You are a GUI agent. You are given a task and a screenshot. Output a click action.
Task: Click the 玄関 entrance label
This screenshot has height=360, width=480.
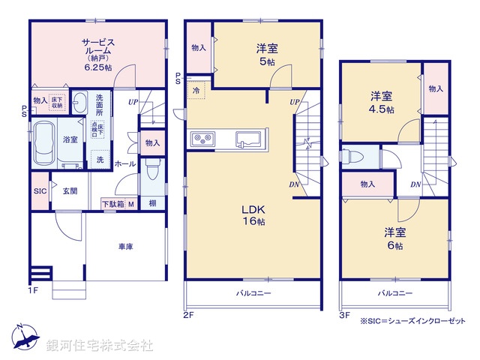pos(70,190)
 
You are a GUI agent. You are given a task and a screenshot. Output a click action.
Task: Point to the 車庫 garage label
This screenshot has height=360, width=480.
pos(125,247)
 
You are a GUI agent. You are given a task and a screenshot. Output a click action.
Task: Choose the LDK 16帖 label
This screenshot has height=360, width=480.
pos(253,215)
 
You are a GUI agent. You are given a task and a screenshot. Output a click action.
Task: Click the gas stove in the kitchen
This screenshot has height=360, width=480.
pos(202,137)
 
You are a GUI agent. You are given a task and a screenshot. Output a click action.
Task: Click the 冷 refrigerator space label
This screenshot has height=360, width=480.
pos(196,91)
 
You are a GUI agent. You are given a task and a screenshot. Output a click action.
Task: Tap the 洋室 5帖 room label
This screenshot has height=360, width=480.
pos(268,55)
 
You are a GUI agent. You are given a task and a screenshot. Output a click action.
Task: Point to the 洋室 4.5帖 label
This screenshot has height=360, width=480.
pos(380,101)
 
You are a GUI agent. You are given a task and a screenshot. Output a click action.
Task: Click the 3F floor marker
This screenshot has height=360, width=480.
pos(344,316)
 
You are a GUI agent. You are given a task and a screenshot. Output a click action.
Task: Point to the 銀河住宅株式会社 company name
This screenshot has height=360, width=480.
pos(100,346)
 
